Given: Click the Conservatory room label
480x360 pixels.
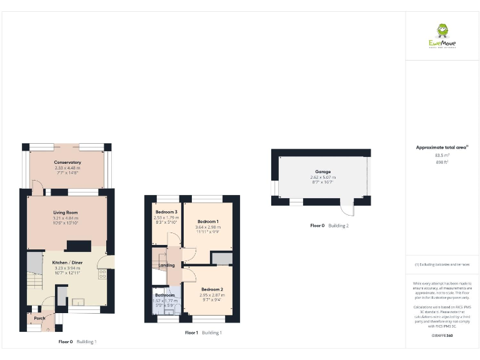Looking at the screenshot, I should click(x=67, y=162).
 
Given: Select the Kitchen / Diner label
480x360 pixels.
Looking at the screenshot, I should click(x=67, y=262).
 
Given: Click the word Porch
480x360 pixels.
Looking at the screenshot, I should click(x=39, y=318).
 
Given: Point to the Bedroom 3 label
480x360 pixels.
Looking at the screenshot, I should click(x=166, y=212).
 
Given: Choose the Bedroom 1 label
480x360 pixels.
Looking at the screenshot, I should click(x=208, y=222).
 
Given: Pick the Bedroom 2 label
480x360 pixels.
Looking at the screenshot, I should click(x=212, y=289).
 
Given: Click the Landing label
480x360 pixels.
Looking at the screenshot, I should click(x=167, y=266).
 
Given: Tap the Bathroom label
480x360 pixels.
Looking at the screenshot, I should click(x=165, y=295).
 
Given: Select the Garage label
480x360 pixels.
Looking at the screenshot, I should click(x=322, y=172).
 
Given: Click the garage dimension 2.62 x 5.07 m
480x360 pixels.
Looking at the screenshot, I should click(x=322, y=177).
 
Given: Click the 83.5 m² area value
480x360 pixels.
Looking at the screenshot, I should click(x=442, y=155).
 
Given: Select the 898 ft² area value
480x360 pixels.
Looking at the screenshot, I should click(x=442, y=162).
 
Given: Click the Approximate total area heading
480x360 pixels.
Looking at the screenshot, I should click(x=442, y=147).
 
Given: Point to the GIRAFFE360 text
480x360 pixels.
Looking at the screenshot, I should click(x=442, y=336).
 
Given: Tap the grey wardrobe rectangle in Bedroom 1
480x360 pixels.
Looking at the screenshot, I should click(x=221, y=259).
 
